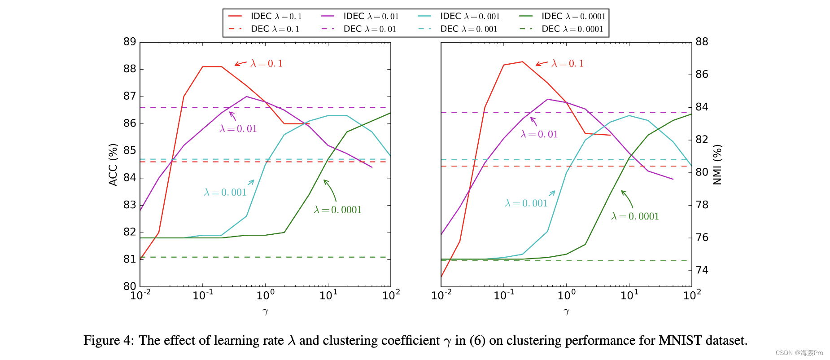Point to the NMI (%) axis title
[717, 164]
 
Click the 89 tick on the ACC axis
[130, 42]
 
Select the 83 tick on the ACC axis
[130, 205]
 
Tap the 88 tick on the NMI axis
[702, 42]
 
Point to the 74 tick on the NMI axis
[702, 270]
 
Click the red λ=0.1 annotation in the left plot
[266, 63]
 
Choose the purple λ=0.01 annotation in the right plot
[539, 134]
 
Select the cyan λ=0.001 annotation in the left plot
[225, 193]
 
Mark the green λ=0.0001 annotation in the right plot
[635, 216]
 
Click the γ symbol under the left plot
[265, 311]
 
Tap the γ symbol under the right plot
[566, 311]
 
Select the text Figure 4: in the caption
[109, 340]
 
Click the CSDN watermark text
[799, 353]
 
